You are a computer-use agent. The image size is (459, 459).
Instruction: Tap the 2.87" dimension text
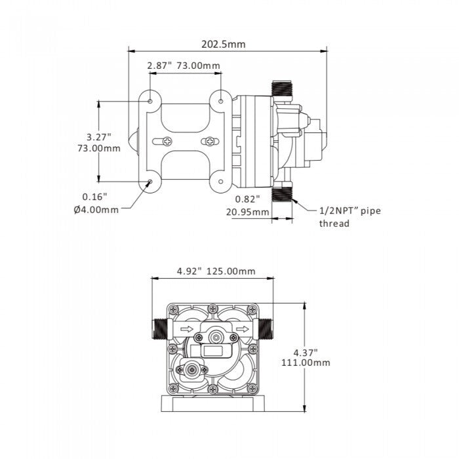click(159, 66)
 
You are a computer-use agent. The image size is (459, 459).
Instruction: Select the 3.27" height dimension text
click(99, 137)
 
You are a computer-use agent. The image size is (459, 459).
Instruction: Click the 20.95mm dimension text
click(248, 211)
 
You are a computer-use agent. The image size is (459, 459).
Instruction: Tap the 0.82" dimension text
click(248, 199)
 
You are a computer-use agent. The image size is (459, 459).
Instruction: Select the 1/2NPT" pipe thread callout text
click(349, 216)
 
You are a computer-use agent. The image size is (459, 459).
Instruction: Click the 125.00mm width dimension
click(231, 271)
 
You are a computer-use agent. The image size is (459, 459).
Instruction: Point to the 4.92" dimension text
click(190, 271)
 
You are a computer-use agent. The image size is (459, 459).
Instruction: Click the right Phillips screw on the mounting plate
click(209, 141)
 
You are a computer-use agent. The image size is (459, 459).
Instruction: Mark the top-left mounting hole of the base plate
click(151, 102)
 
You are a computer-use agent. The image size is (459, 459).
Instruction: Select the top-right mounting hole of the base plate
click(220, 101)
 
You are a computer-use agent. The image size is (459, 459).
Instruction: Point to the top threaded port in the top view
click(283, 87)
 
